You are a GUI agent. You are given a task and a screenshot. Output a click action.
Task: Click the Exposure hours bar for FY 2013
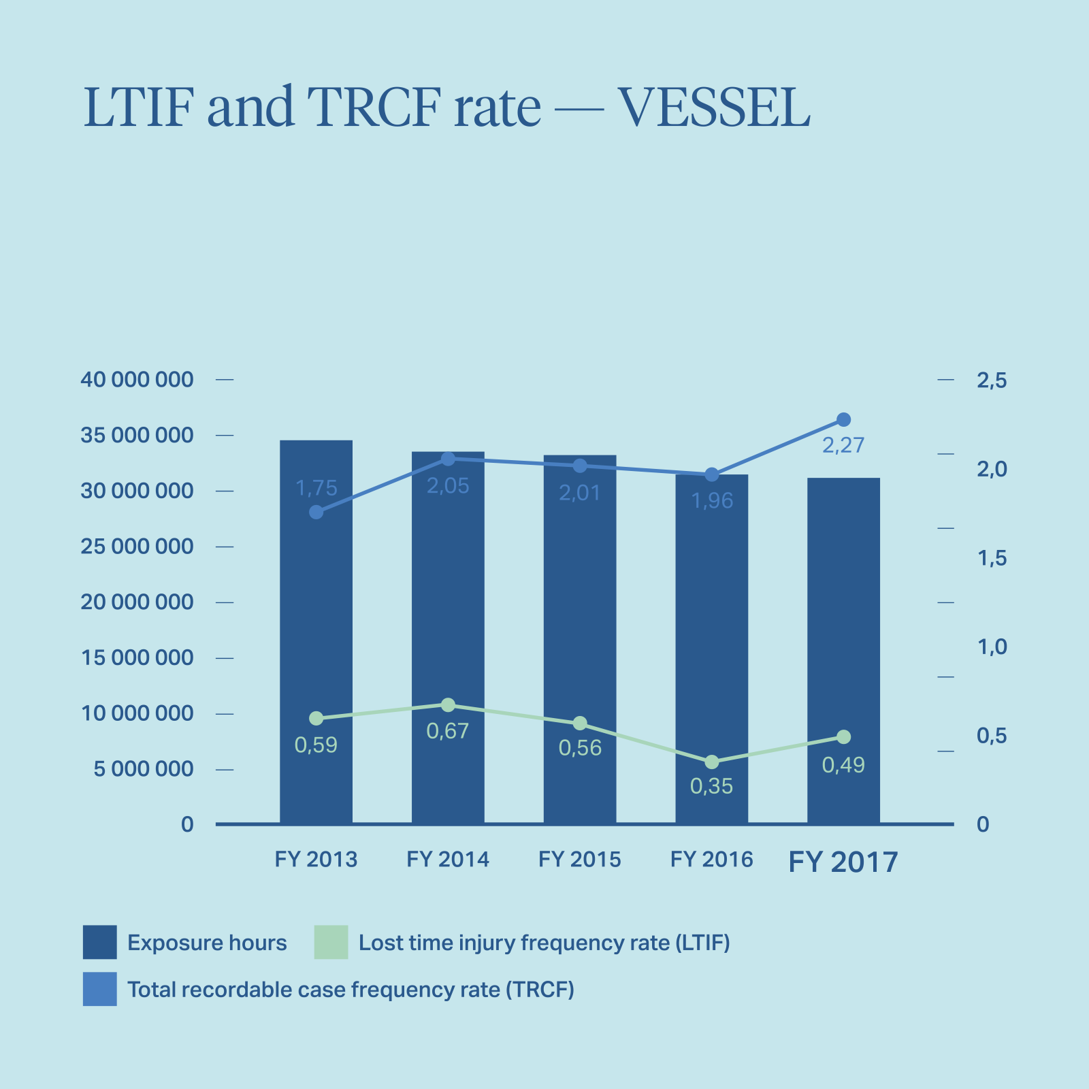(x=316, y=633)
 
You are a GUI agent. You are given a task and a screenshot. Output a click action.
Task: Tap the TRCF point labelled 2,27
(x=843, y=419)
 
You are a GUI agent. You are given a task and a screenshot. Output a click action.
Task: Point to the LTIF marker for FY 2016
(x=711, y=762)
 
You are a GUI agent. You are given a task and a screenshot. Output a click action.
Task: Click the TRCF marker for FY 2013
(x=316, y=512)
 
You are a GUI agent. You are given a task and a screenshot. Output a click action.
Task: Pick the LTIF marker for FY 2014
(x=448, y=705)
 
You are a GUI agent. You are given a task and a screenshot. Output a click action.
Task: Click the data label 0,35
(x=711, y=787)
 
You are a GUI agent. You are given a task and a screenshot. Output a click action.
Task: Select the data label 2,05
(x=448, y=486)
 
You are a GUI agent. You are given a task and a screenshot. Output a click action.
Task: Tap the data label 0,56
(x=580, y=749)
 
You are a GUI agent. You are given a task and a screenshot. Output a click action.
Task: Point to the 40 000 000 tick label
(x=137, y=380)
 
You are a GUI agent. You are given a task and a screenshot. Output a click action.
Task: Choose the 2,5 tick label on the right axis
(x=991, y=381)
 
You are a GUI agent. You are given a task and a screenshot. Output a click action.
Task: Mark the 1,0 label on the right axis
(x=991, y=647)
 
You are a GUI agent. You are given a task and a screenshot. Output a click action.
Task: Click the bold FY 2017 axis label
(x=843, y=862)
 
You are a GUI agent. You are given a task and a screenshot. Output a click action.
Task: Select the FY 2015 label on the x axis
(x=580, y=860)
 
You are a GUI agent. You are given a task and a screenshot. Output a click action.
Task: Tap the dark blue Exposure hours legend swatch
(x=99, y=942)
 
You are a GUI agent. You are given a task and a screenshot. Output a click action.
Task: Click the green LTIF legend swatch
(x=331, y=942)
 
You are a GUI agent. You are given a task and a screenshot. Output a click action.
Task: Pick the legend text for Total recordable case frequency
(x=351, y=989)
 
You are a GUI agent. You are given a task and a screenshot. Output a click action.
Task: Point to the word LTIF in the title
(x=135, y=108)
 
